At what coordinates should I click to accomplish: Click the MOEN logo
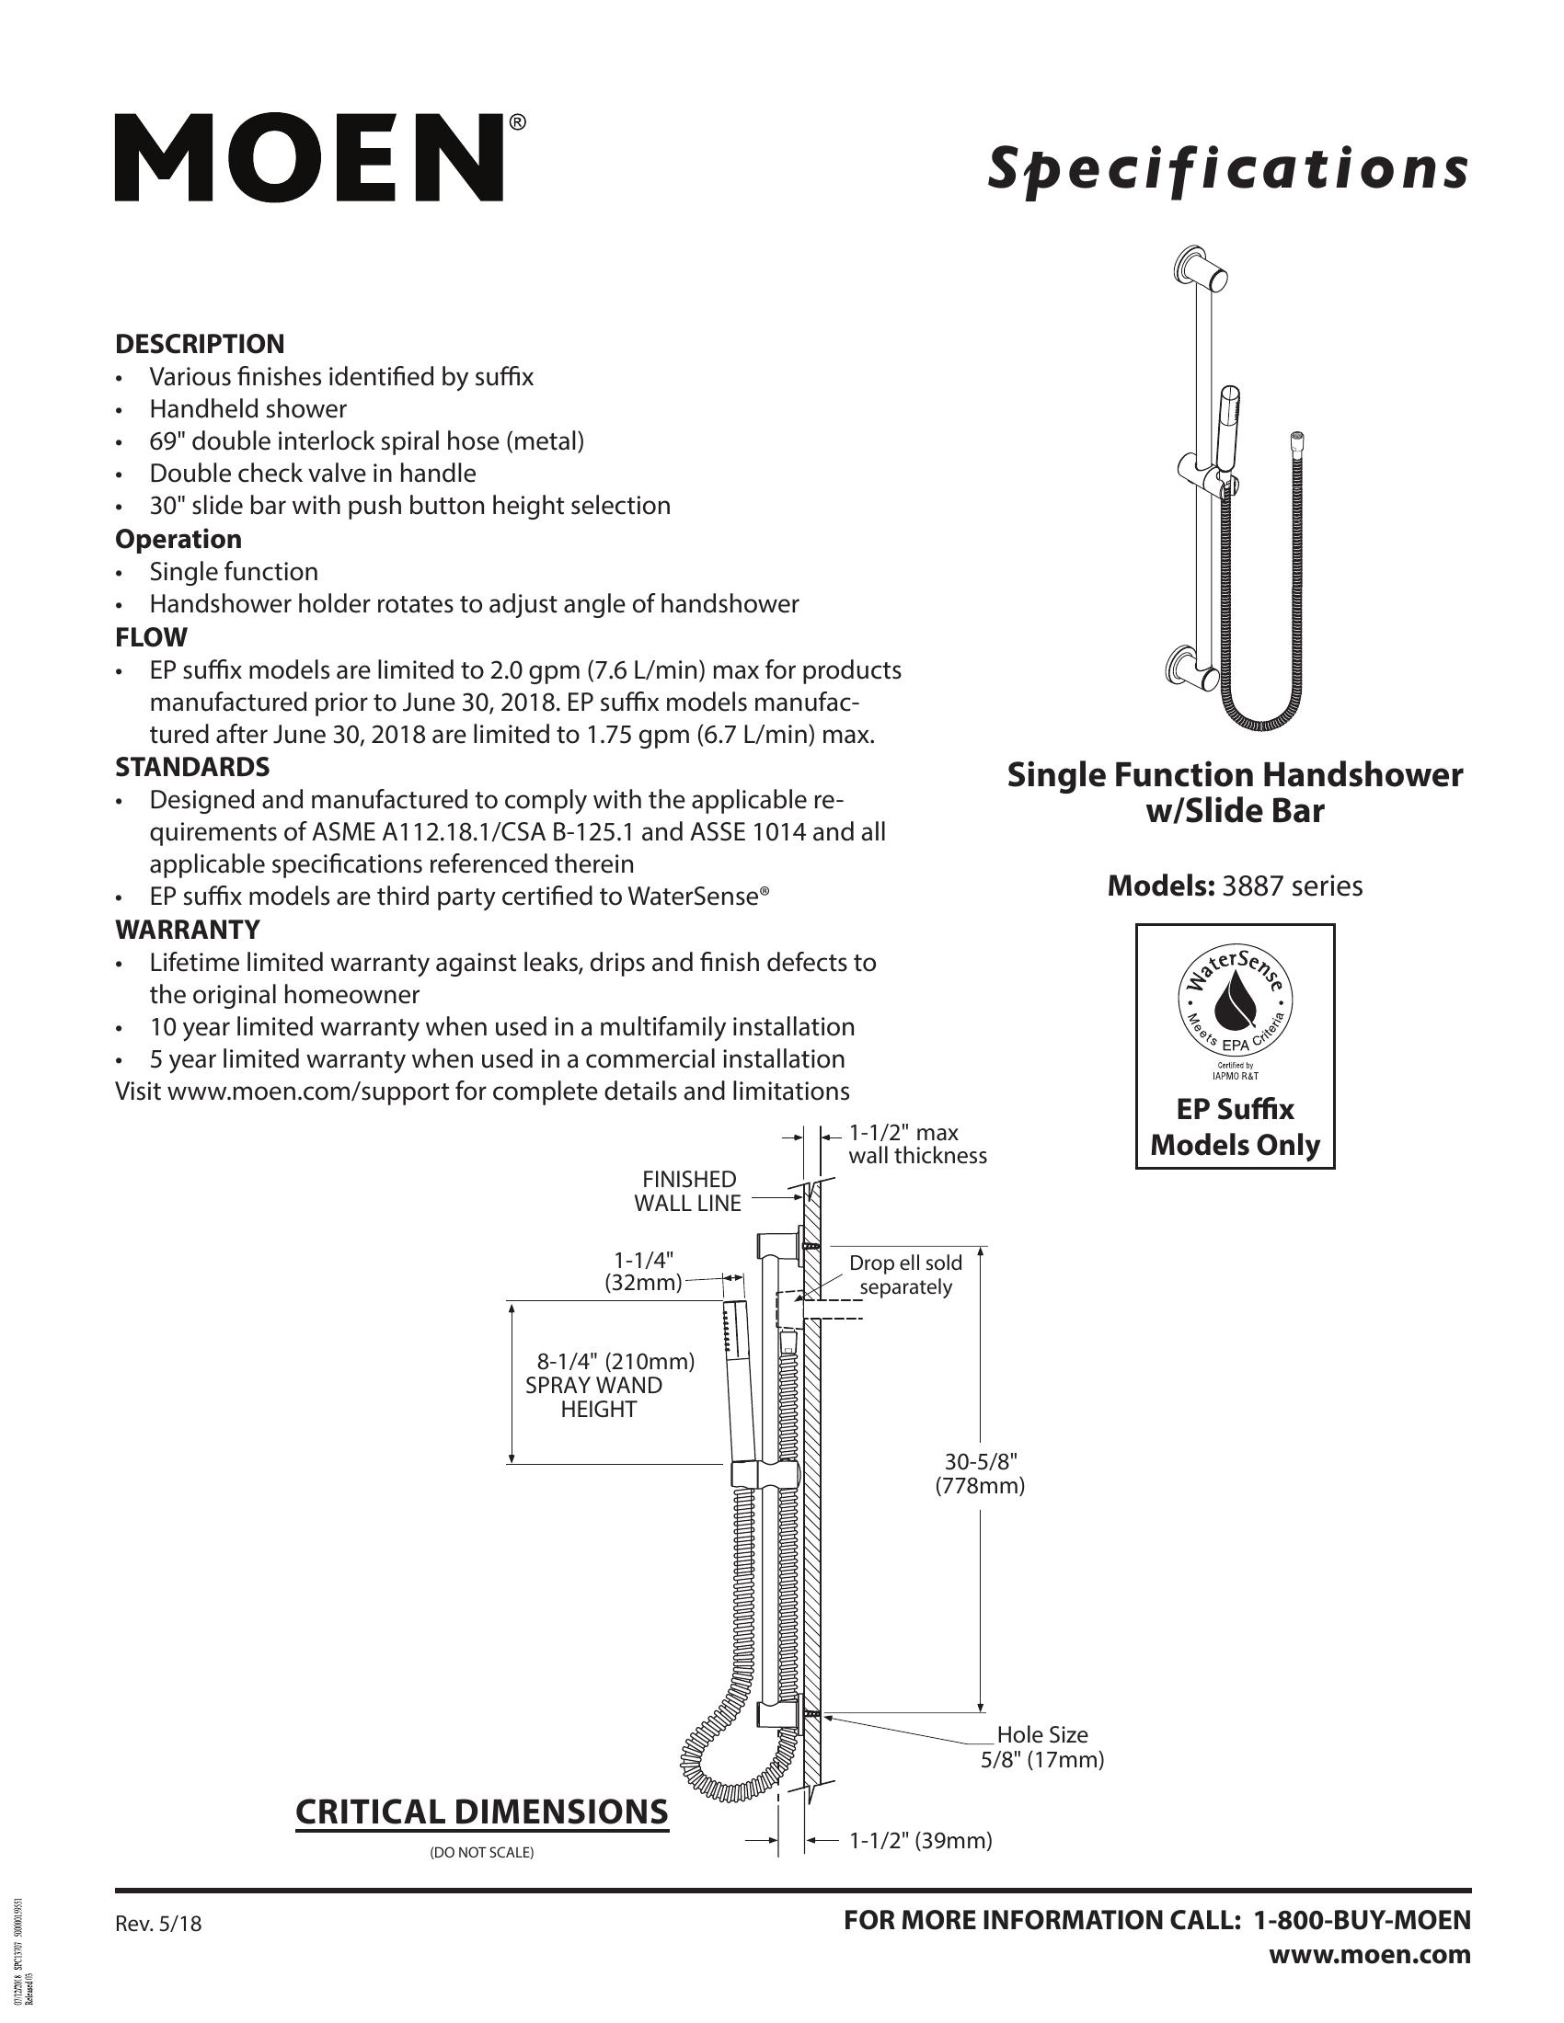tap(309, 157)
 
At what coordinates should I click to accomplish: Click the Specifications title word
tap(1226, 169)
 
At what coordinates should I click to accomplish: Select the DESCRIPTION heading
tap(200, 344)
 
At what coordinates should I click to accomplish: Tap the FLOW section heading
tap(151, 637)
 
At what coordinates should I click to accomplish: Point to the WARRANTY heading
tap(187, 929)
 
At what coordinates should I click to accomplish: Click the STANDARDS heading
tap(191, 767)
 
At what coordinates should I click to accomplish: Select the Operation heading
tap(178, 539)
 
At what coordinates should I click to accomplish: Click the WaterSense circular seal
tap(1235, 1005)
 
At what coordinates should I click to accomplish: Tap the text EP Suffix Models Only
tap(1235, 1127)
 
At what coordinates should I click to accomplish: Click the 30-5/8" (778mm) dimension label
tap(981, 1474)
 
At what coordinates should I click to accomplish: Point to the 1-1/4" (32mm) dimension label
tap(642, 1271)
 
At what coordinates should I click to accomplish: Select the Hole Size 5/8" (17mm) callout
tap(1042, 1747)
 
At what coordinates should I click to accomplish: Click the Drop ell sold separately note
tap(905, 1274)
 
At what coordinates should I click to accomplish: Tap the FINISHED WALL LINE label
tap(688, 1191)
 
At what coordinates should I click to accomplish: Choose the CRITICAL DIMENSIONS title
tap(481, 1812)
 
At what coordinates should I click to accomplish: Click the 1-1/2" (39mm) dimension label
tap(920, 1841)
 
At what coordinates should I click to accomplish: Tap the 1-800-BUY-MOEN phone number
tap(1361, 1920)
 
